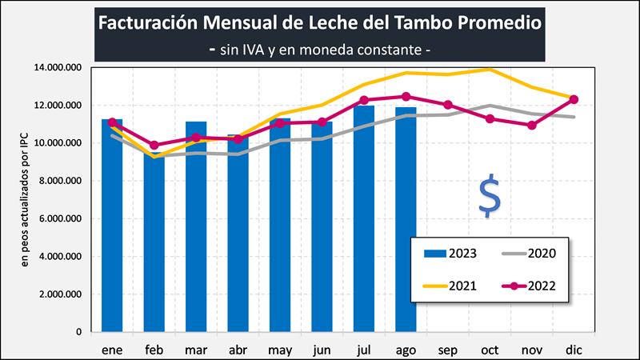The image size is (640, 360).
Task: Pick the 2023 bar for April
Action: (238, 236)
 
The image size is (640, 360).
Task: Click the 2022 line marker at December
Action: (574, 99)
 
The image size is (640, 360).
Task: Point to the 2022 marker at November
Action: (532, 126)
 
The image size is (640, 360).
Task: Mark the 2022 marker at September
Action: (448, 105)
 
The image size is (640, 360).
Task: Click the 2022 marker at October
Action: (490, 119)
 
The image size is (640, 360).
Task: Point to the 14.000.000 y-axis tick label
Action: (57, 68)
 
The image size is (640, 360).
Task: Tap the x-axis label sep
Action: (448, 350)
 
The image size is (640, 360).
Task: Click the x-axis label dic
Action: (574, 350)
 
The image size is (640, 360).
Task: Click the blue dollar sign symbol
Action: (489, 197)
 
